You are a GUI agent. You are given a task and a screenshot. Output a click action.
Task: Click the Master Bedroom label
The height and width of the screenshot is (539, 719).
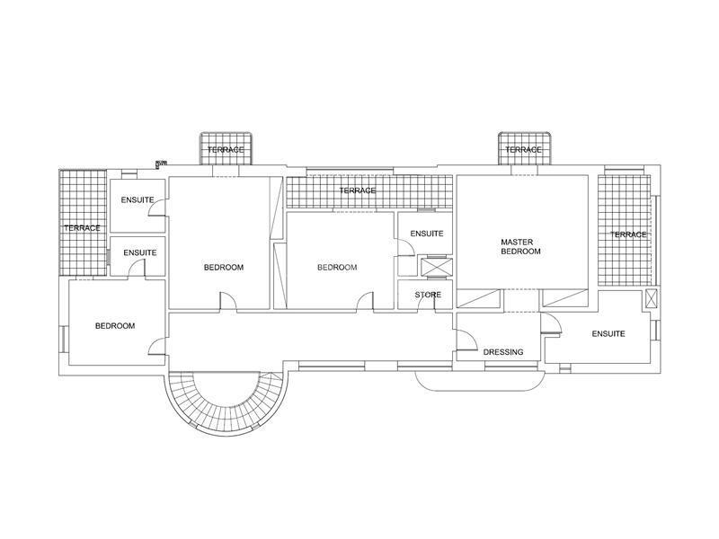pyautogui.click(x=520, y=246)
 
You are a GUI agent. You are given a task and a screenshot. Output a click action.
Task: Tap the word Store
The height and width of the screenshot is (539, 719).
pyautogui.click(x=428, y=295)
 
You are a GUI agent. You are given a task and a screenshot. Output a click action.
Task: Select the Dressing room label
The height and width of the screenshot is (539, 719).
pyautogui.click(x=503, y=352)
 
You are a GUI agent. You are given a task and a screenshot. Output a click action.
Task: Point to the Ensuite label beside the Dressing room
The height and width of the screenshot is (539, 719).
pyautogui.click(x=608, y=333)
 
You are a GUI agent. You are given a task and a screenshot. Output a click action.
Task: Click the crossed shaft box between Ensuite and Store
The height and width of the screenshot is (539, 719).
pyautogui.click(x=437, y=268)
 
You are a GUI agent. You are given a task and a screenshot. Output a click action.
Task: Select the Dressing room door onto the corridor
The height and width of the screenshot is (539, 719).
pyautogui.click(x=466, y=341)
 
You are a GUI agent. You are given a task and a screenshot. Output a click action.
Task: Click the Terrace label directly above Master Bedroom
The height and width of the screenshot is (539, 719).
pyautogui.click(x=523, y=150)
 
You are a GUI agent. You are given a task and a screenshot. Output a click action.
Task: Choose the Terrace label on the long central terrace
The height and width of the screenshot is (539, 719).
pyautogui.click(x=358, y=190)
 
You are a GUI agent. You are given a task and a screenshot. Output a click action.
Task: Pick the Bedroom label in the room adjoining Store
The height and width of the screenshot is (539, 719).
pyautogui.click(x=337, y=267)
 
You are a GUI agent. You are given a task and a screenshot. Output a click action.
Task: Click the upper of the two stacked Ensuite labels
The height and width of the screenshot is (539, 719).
pyautogui.click(x=138, y=199)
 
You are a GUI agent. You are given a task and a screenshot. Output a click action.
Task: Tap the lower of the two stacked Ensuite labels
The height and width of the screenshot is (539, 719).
pyautogui.click(x=140, y=252)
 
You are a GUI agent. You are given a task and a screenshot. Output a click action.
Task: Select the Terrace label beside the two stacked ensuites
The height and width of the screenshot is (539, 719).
pyautogui.click(x=82, y=228)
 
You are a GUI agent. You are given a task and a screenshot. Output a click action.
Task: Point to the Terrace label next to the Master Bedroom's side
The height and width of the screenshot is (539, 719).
pyautogui.click(x=628, y=234)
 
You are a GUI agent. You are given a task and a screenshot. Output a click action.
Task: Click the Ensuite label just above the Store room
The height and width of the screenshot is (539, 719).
pyautogui.click(x=427, y=234)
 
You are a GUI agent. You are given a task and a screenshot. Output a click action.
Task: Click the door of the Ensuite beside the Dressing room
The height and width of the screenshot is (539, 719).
pyautogui.click(x=551, y=323)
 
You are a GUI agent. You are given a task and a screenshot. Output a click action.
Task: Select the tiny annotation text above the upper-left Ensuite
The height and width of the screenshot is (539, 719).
pyautogui.click(x=161, y=163)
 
